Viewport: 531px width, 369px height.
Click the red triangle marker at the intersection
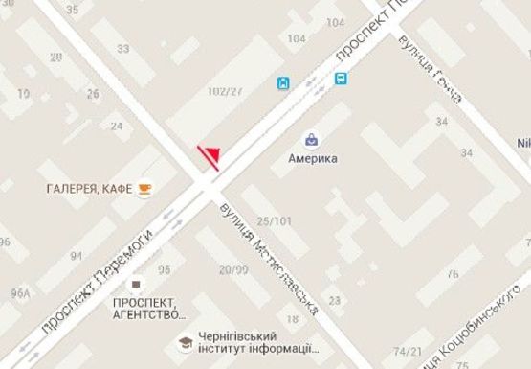tap(210, 157)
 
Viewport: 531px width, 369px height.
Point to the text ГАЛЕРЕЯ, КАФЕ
tap(87, 188)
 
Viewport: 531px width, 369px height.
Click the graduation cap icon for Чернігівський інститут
tap(182, 342)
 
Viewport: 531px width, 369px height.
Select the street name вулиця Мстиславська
tap(267, 259)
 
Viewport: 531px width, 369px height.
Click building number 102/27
tap(225, 91)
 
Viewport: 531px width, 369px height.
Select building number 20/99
tap(233, 270)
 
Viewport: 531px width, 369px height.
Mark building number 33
tap(122, 49)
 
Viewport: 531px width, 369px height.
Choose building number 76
tap(452, 274)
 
